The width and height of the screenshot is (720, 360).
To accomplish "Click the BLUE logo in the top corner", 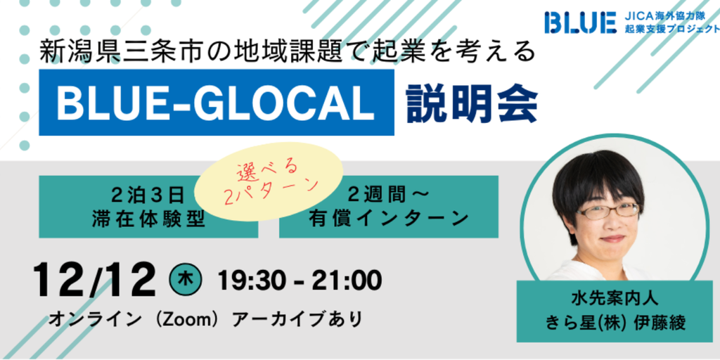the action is [x=580, y=22].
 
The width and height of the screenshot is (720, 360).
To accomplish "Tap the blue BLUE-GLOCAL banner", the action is [x=217, y=103].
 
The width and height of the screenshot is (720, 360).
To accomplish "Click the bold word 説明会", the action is [x=472, y=103].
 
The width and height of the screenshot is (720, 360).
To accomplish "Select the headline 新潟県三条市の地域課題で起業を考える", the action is [x=288, y=51].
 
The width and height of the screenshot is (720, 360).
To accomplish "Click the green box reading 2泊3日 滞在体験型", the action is [x=148, y=207].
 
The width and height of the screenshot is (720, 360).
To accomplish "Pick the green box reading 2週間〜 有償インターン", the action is [x=388, y=207].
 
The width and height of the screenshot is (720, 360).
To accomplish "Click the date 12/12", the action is [x=94, y=280].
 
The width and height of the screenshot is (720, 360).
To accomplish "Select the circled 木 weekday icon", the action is [x=185, y=281].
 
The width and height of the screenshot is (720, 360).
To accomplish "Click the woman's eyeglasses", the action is [x=607, y=211].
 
